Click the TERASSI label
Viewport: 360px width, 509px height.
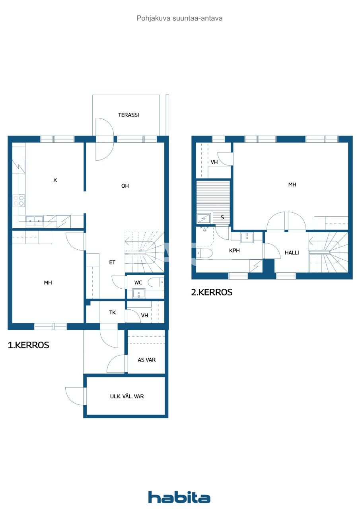[x=128, y=115]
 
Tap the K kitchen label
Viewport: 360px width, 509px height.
[x=55, y=180]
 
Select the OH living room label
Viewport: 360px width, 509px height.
[x=125, y=186]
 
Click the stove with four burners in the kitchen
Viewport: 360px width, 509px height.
[x=18, y=200]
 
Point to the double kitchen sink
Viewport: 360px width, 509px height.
[x=35, y=220]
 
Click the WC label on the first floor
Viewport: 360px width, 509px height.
[x=138, y=283]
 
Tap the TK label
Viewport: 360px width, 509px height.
[x=113, y=313]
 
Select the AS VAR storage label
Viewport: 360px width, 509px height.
[x=146, y=360]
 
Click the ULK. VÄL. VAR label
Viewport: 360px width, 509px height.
[x=127, y=396]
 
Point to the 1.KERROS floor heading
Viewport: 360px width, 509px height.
[x=29, y=345]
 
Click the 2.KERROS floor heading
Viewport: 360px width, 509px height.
[x=212, y=292]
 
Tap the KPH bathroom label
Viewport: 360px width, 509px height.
[x=235, y=251]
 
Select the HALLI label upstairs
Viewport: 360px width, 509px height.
[x=292, y=253]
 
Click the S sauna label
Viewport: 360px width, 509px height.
[x=222, y=218]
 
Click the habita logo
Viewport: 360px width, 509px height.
[x=179, y=497]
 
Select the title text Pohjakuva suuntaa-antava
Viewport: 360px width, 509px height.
[x=179, y=18]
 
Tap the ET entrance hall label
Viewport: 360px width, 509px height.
[x=113, y=262]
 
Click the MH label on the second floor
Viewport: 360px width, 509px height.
[x=292, y=185]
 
